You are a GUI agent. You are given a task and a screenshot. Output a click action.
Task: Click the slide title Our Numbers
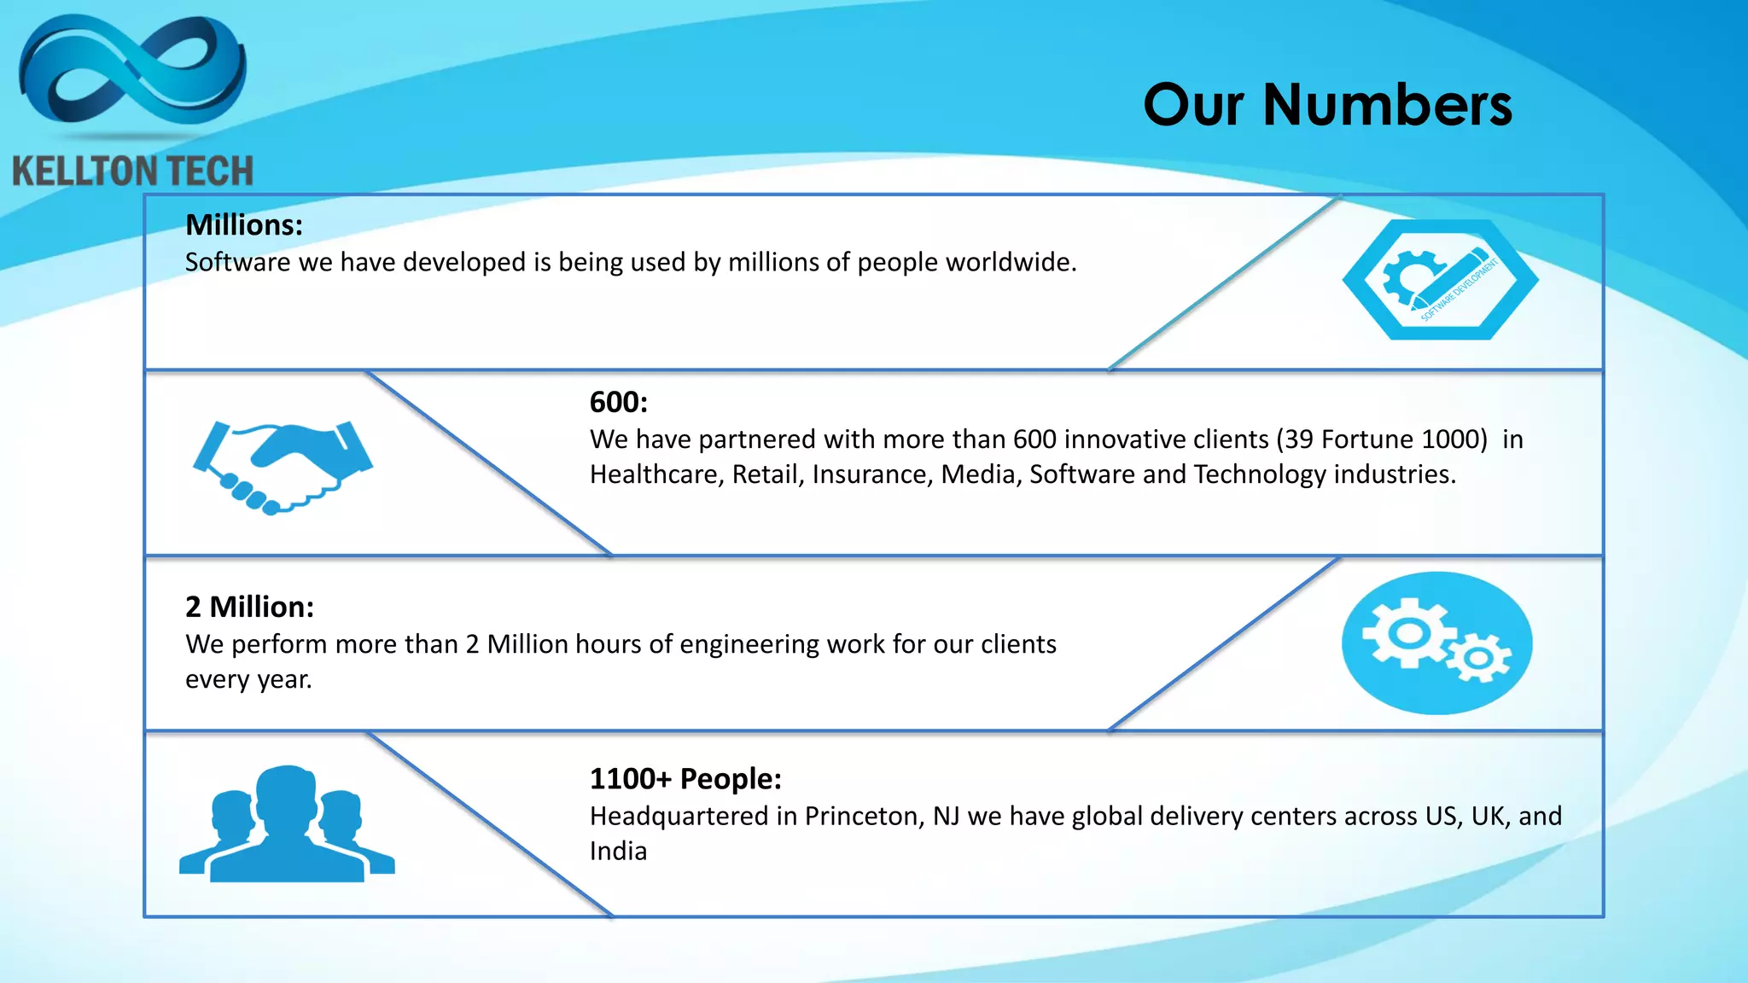(1327, 105)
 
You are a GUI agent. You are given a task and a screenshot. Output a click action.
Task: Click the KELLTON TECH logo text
(132, 172)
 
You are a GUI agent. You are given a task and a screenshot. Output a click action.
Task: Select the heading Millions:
(244, 225)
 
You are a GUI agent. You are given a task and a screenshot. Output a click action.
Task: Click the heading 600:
(619, 403)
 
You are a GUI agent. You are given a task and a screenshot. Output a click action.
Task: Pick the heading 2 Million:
(249, 607)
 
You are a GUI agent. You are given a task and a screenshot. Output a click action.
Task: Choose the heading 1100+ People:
(685, 779)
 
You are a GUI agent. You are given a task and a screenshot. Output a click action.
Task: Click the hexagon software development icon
(1440, 280)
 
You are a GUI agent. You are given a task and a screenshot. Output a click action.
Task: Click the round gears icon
(1436, 643)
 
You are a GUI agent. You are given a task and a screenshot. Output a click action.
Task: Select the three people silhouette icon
(287, 824)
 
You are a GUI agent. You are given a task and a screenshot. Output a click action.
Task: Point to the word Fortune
(1368, 439)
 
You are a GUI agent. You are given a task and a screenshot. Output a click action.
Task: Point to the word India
(618, 852)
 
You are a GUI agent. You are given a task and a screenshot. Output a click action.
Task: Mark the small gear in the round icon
(1478, 659)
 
